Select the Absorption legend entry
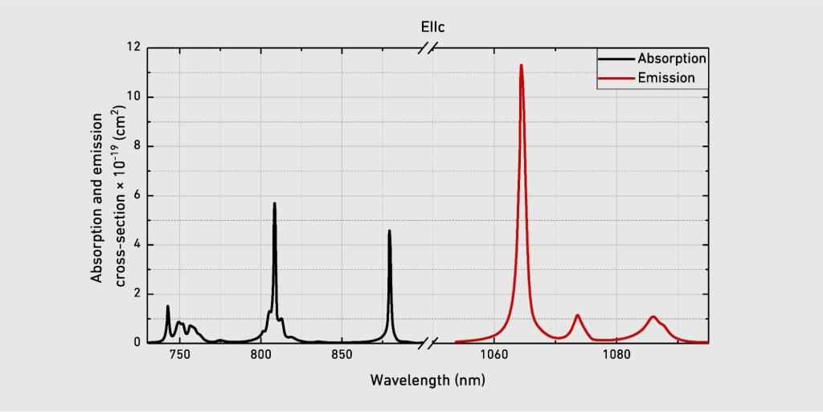click(671, 59)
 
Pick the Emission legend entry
click(665, 78)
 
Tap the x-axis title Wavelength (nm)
click(428, 379)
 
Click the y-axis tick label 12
click(133, 47)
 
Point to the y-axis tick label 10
click(133, 97)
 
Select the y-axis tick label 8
click(136, 146)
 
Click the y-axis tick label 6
click(136, 196)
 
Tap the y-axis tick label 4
click(136, 245)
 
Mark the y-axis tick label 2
click(136, 294)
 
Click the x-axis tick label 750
click(179, 356)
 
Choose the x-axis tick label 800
click(261, 356)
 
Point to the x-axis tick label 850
click(342, 356)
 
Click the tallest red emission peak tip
click(521, 65)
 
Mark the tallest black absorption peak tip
click(274, 203)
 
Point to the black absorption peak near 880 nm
click(390, 231)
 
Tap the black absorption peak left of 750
click(168, 306)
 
